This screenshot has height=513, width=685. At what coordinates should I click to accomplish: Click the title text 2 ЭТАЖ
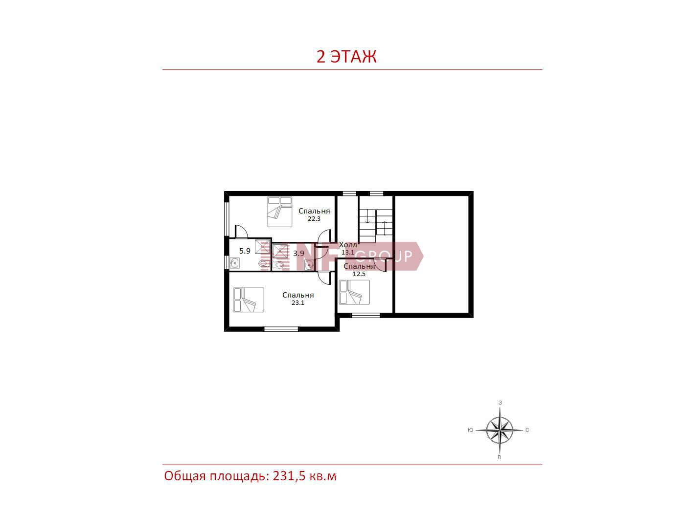click(x=346, y=57)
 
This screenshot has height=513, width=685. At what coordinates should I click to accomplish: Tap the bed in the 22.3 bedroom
click(x=279, y=212)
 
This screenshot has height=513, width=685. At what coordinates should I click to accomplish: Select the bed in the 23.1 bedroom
click(x=249, y=299)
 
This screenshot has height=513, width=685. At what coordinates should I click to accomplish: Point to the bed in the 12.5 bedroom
click(x=355, y=292)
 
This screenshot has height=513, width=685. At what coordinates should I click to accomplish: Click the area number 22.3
click(x=314, y=219)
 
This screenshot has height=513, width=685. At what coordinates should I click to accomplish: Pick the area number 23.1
click(x=297, y=302)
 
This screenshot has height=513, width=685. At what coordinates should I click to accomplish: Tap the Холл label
click(x=348, y=245)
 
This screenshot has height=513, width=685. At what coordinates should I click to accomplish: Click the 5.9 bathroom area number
click(x=245, y=251)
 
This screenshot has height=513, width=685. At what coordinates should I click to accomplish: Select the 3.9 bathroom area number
click(x=298, y=253)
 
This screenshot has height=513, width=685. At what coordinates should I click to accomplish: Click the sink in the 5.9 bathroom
click(x=234, y=263)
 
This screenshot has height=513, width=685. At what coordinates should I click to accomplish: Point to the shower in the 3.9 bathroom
click(x=280, y=251)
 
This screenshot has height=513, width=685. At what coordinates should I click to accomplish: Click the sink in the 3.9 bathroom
click(x=309, y=265)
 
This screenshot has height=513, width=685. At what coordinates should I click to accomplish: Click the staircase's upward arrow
click(x=385, y=228)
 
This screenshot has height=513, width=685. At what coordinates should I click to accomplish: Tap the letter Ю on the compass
click(x=470, y=430)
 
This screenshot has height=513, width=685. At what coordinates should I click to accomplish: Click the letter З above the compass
click(x=500, y=403)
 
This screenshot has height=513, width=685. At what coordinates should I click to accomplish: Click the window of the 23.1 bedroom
click(x=281, y=329)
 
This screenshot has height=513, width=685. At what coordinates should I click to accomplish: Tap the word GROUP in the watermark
click(x=384, y=256)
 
